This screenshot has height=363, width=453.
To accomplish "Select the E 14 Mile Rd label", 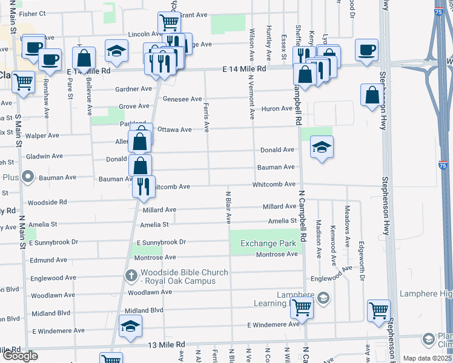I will (244, 70).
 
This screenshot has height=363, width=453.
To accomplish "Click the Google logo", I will (20, 356).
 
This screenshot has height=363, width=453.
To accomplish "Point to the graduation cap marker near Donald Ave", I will (322, 146).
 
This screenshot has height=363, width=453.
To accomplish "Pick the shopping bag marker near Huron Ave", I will (371, 95).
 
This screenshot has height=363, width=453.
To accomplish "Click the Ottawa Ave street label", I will (174, 129).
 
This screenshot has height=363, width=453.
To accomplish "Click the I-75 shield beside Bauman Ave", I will (443, 165).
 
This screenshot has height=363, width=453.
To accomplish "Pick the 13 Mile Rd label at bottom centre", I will (167, 345).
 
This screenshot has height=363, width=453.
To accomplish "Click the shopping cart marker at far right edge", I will (379, 310).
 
